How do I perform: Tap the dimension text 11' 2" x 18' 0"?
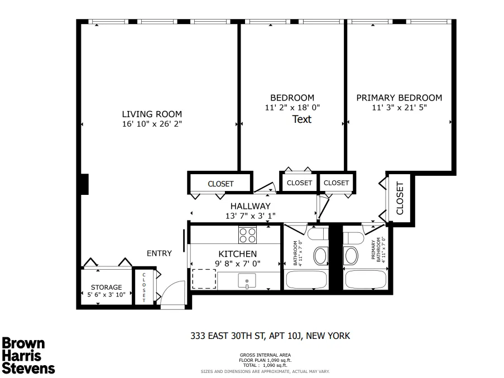[x=292, y=108]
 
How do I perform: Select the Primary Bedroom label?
[x=399, y=98]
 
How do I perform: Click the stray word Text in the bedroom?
[x=302, y=119]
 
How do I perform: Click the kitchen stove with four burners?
[x=247, y=235]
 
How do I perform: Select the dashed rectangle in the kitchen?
[x=204, y=278]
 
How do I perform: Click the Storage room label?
[x=106, y=288]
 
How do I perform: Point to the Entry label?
[x=159, y=253]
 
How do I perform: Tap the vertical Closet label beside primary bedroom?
[x=399, y=198]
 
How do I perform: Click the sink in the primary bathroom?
[x=352, y=256]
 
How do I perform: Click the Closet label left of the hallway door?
[x=220, y=184]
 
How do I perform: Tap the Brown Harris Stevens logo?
[x=29, y=355]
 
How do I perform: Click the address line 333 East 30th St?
[x=270, y=336]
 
